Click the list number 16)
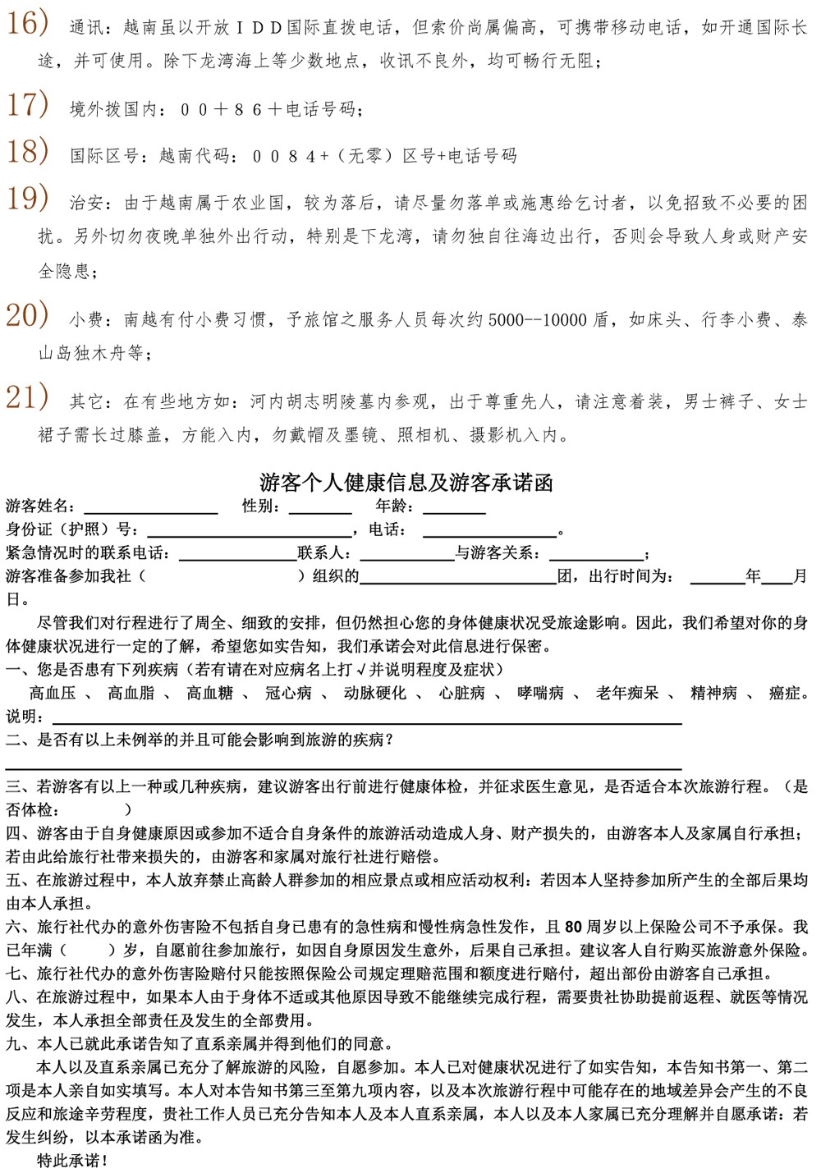click(x=27, y=25)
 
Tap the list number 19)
click(x=27, y=199)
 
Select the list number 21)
click(x=27, y=398)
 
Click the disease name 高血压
click(x=53, y=693)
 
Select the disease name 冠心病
click(x=288, y=693)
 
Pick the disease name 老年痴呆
click(x=627, y=693)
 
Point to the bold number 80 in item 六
click(x=573, y=928)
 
